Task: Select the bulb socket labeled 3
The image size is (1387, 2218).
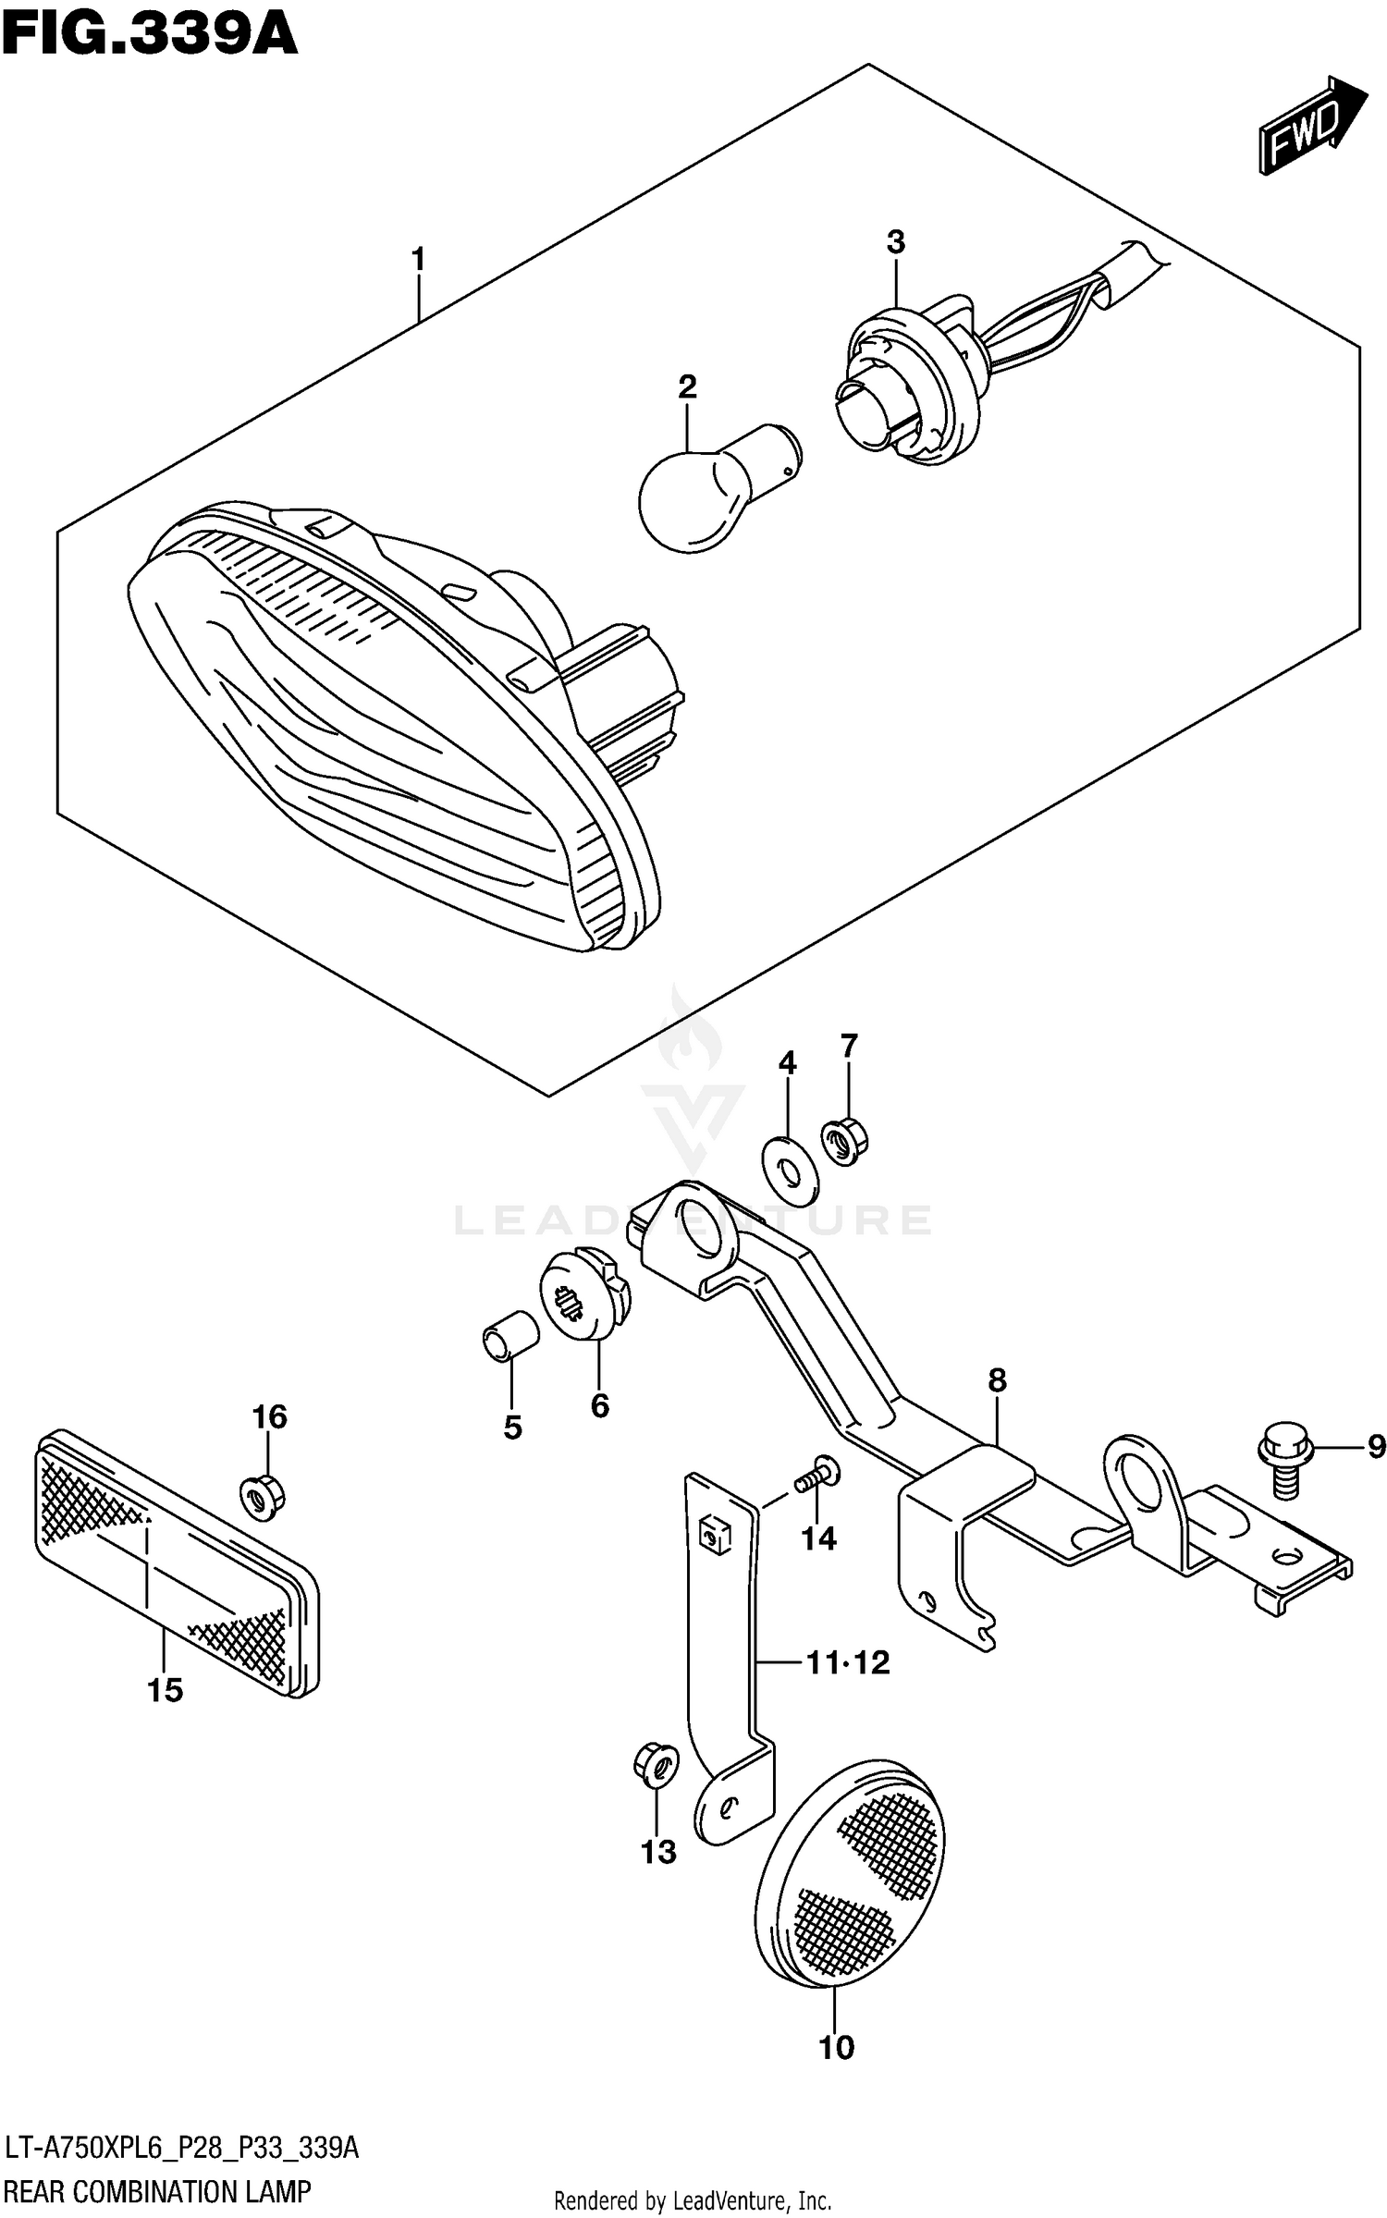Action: (902, 384)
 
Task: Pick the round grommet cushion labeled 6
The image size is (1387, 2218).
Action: (584, 1292)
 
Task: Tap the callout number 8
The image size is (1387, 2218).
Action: (996, 1381)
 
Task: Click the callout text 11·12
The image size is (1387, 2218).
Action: (847, 1663)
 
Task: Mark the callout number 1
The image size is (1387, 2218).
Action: (418, 260)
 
